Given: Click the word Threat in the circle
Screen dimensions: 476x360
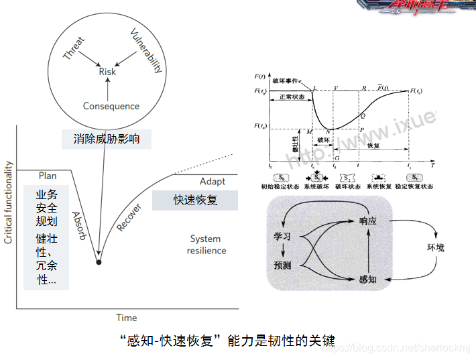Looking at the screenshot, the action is [x=74, y=48].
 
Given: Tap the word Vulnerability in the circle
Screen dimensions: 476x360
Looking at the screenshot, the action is [x=146, y=50].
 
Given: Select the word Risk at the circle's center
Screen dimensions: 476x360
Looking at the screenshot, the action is [x=107, y=72].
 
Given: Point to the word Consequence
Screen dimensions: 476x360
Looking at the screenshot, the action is [x=111, y=106].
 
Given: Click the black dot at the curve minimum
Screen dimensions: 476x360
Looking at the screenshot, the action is [x=99, y=261].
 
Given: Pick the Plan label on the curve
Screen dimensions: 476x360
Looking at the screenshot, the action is [x=48, y=176].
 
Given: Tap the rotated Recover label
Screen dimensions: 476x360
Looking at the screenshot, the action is [x=129, y=217].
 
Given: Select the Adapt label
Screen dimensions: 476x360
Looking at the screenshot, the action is [x=213, y=182].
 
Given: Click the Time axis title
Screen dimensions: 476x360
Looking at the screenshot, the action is [x=126, y=318].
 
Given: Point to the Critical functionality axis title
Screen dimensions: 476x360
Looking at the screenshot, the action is [x=9, y=202].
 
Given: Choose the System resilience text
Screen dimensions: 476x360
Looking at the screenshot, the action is [x=207, y=245].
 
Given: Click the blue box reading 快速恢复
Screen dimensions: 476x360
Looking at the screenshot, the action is [x=194, y=200].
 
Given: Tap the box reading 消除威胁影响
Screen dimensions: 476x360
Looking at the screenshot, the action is [x=107, y=139].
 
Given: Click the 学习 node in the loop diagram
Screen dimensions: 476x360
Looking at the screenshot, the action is [x=282, y=237].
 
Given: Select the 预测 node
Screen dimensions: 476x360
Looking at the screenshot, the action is [x=282, y=265].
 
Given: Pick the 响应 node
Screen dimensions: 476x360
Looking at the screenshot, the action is [x=368, y=221].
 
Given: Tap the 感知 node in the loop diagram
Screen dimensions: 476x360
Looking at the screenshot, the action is [x=368, y=278].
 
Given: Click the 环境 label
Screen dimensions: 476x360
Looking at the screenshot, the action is [x=436, y=247].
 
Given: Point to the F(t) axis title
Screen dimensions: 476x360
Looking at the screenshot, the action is [x=261, y=78].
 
